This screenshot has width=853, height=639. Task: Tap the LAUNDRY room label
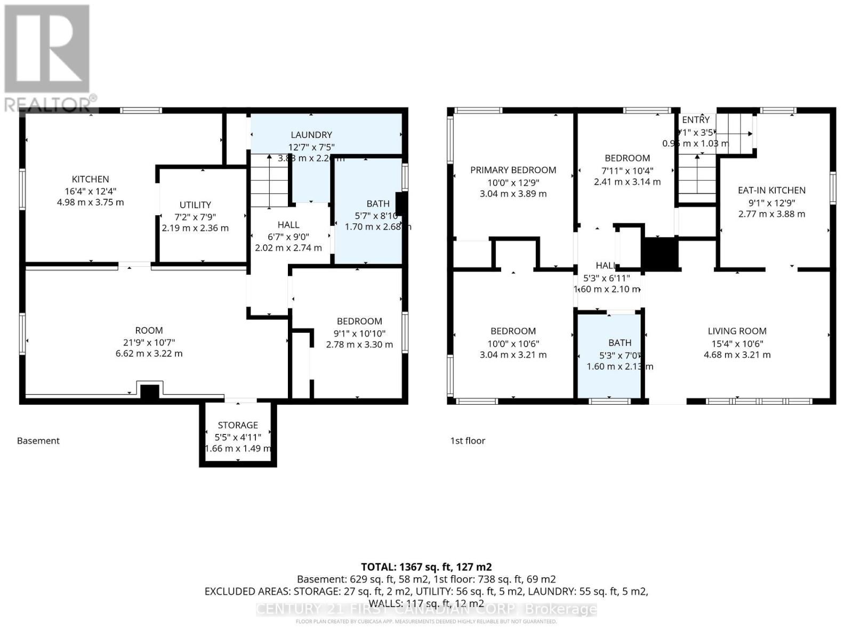coord(311,135)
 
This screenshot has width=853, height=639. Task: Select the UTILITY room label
coord(195,205)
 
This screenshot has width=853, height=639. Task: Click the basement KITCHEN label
coord(91,179)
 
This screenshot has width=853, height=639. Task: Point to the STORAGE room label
coord(238,425)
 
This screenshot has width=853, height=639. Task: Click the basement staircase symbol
coord(269,181)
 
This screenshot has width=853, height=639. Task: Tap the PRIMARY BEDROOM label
coord(513,170)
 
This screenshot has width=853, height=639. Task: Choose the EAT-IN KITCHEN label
coord(771,190)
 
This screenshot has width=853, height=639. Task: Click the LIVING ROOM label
coord(737,331)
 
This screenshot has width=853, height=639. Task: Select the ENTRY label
coord(696,120)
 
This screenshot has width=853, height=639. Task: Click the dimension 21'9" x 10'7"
coord(149,342)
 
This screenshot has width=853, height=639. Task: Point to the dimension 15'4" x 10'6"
coord(737,343)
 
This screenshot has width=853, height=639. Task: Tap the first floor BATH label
coord(619,343)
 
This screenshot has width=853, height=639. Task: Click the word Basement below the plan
coord(38,441)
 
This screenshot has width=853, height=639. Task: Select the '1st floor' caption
coord(468,441)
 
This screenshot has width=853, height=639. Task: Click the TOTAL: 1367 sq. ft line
coord(426,567)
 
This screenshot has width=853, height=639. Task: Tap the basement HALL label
coord(288,225)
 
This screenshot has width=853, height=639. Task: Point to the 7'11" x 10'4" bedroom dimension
coord(627,171)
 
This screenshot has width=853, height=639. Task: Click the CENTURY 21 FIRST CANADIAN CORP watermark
coord(426,609)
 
